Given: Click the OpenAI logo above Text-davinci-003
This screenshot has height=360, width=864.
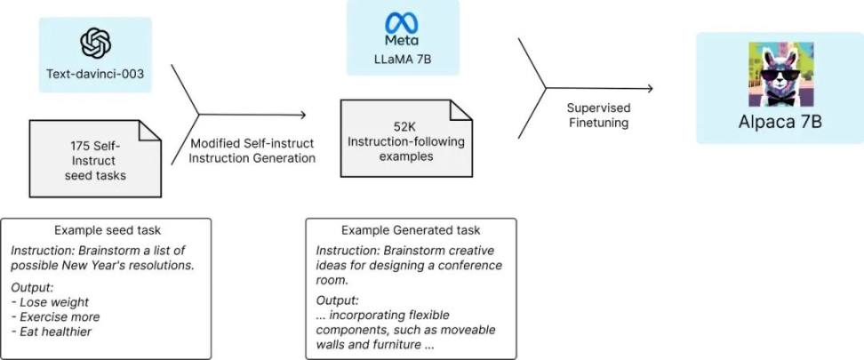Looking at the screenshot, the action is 95,44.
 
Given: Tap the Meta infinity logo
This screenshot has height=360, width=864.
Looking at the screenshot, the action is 402,22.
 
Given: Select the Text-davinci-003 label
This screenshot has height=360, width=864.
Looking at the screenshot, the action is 95,73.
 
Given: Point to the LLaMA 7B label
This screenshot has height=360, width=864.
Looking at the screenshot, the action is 403,60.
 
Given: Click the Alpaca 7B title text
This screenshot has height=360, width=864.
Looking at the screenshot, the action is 780,122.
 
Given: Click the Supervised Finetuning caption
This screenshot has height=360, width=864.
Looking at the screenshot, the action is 598,116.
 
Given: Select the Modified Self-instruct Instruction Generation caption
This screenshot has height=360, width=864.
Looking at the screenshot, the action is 253,151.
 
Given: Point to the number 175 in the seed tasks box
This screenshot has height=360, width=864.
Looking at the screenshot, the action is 79,148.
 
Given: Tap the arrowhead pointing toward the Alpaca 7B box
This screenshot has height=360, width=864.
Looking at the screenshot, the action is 650,88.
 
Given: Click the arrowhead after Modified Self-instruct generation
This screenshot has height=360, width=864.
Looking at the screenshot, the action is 302,115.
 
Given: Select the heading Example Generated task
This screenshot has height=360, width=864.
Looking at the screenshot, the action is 411,230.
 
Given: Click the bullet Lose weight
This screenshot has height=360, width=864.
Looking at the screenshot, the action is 50,302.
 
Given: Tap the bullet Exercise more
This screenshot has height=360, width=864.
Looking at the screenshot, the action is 56,317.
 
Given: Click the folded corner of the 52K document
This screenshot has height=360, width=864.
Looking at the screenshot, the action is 461,109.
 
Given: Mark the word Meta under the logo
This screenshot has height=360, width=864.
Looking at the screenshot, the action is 402,41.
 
